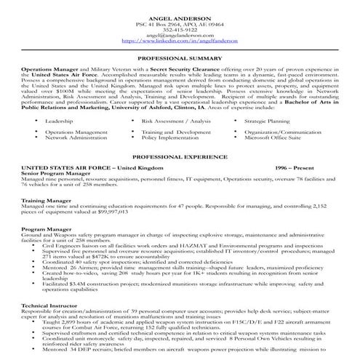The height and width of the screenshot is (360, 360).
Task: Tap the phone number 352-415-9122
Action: click(180, 31)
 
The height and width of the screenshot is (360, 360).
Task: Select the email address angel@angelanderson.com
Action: click(180, 36)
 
